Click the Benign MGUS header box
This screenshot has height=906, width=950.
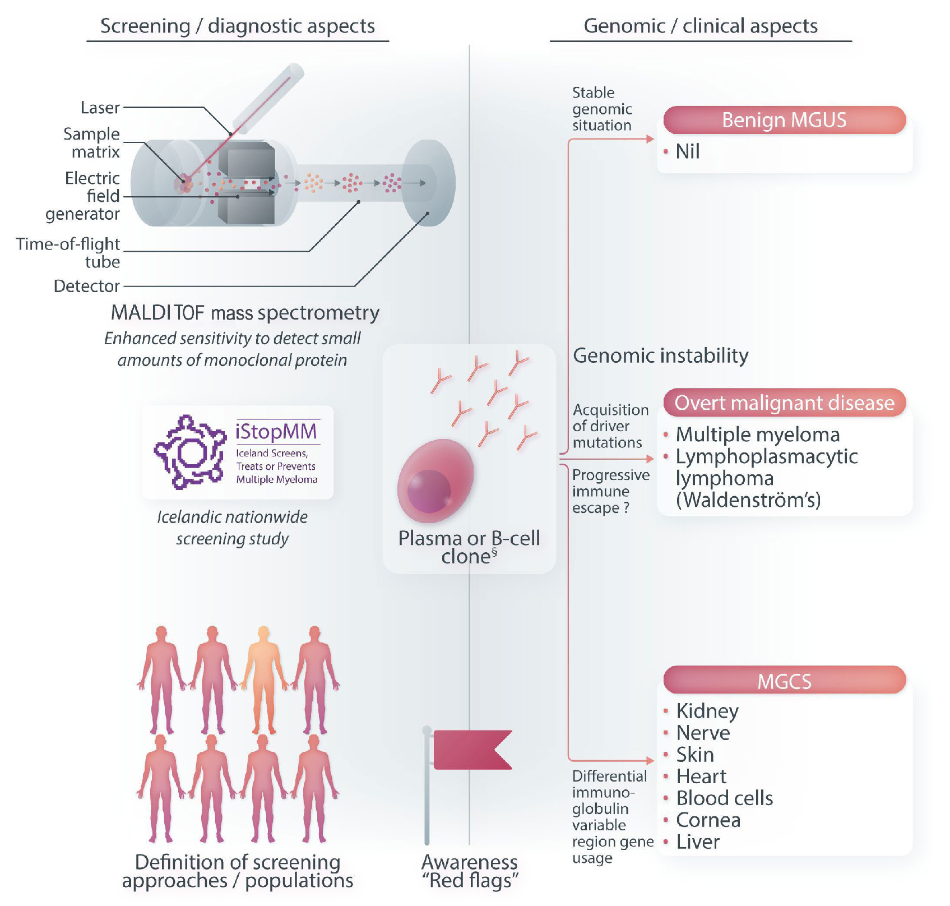click(784, 120)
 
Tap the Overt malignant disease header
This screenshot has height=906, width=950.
click(784, 403)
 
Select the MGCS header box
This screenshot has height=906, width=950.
click(784, 681)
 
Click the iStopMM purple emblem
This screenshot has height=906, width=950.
click(189, 452)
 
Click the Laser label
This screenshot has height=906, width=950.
click(100, 107)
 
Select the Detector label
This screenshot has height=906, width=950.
click(86, 286)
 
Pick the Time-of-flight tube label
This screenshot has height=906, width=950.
click(68, 252)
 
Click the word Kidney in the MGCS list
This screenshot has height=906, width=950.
click(707, 711)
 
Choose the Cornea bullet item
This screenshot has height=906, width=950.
click(708, 820)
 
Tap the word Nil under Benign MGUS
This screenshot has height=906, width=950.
click(688, 151)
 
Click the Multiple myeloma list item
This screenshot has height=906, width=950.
click(758, 434)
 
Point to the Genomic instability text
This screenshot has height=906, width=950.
click(661, 355)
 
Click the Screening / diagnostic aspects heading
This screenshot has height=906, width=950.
click(238, 26)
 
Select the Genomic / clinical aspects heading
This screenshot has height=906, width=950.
click(701, 26)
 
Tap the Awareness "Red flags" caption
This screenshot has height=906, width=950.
click(470, 871)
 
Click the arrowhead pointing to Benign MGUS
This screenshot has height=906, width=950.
click(650, 139)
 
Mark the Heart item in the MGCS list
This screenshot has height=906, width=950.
click(701, 776)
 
